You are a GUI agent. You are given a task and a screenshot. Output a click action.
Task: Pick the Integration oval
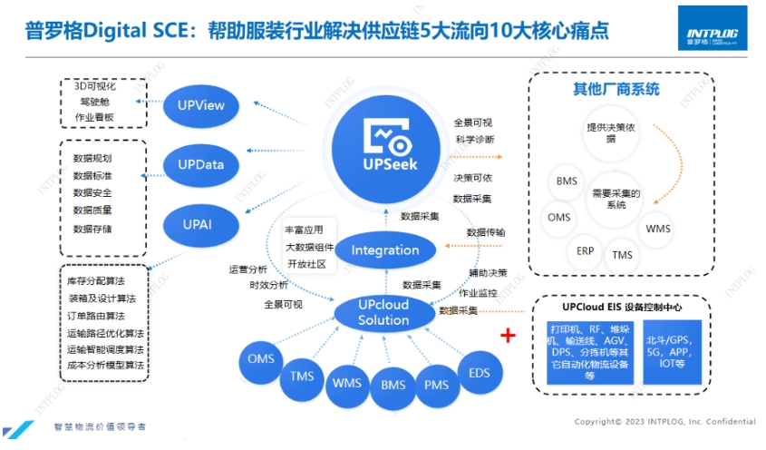pos(385,250)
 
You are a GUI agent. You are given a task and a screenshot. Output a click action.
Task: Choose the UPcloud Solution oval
pos(383,314)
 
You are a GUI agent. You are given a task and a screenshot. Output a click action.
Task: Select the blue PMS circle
pos(437,385)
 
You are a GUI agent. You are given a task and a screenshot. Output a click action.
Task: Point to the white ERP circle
pos(585,249)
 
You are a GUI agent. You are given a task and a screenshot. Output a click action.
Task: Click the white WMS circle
pos(658,229)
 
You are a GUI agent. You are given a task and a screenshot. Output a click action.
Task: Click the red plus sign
pos(509,336)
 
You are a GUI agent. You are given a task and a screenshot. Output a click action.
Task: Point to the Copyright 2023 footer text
pos(664,422)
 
